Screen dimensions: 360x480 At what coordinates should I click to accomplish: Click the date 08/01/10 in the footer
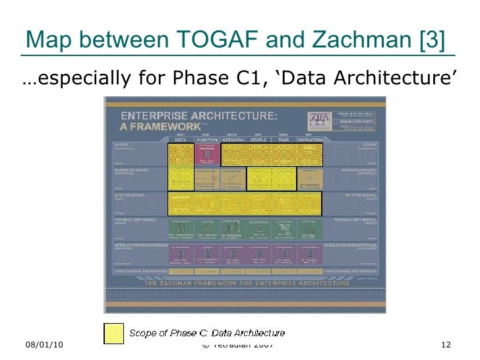coord(45,345)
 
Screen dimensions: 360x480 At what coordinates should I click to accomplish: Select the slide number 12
coord(446,345)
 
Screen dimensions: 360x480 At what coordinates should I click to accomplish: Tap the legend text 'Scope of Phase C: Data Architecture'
coord(207,333)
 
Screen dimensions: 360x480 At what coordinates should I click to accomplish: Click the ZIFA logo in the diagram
coord(318,120)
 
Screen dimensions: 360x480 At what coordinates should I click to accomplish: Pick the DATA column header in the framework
coord(180,140)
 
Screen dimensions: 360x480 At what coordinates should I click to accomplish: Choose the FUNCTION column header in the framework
coord(207,140)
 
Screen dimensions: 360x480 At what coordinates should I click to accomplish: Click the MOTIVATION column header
coord(309,140)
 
